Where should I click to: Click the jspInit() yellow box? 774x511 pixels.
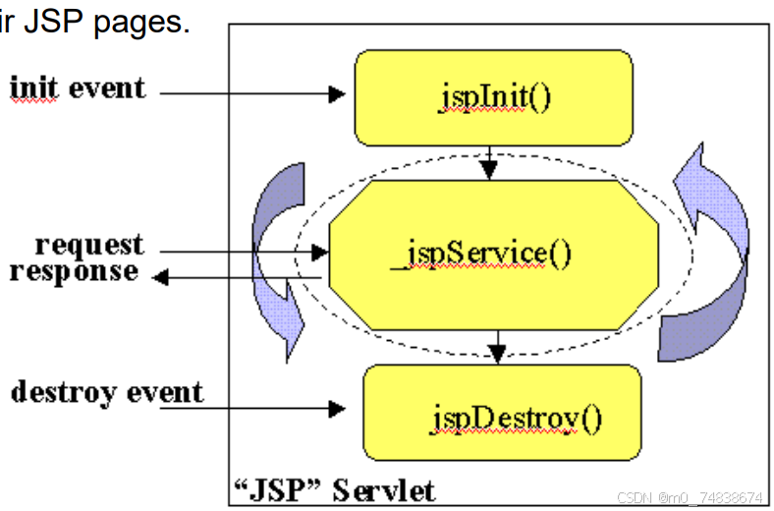pos(493,97)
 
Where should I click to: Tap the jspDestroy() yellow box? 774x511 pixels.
pos(502,412)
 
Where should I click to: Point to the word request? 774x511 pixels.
pos(89,244)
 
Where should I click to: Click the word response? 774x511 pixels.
pos(74,270)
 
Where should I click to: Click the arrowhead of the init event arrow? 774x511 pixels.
pos(337,95)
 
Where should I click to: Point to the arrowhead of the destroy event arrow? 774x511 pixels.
pos(337,408)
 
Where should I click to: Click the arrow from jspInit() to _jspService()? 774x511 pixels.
pos(489,163)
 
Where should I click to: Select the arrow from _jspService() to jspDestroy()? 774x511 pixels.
pos(498,344)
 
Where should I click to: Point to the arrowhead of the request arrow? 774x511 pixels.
pos(319,253)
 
